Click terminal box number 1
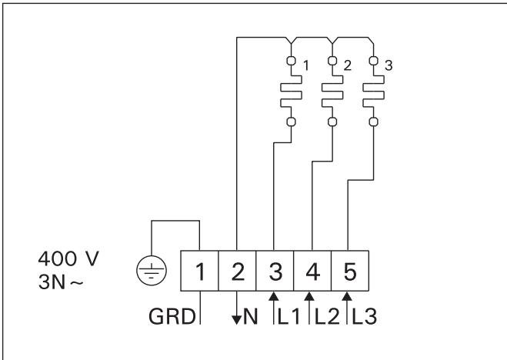tap(199, 272)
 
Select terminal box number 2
tap(236, 272)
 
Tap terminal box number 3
tap(273, 272)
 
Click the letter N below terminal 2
tap(250, 316)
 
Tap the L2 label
tap(326, 316)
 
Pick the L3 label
tap(364, 316)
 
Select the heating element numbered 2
tap(332, 91)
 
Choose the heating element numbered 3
tap(373, 91)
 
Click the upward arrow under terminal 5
tap(347, 298)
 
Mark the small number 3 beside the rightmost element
tap(388, 65)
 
